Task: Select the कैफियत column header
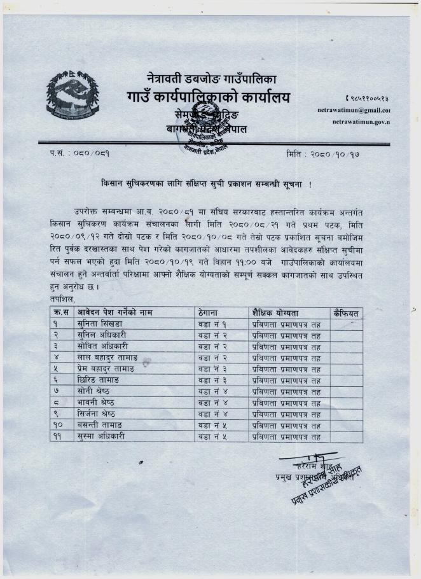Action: coord(347,312)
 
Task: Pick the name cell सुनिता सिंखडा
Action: coord(100,324)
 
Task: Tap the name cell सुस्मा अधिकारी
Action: coord(100,436)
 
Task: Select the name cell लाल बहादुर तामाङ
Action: coord(105,357)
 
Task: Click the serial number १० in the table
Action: coord(62,425)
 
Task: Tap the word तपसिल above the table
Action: coord(62,299)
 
